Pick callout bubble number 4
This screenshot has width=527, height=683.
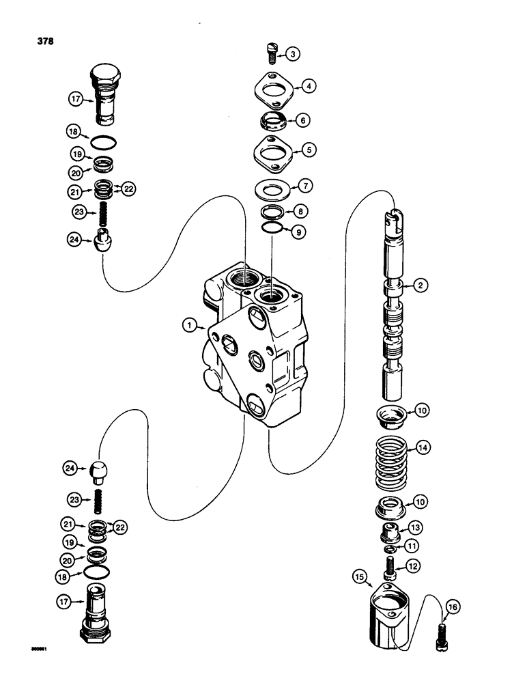tap(310, 86)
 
